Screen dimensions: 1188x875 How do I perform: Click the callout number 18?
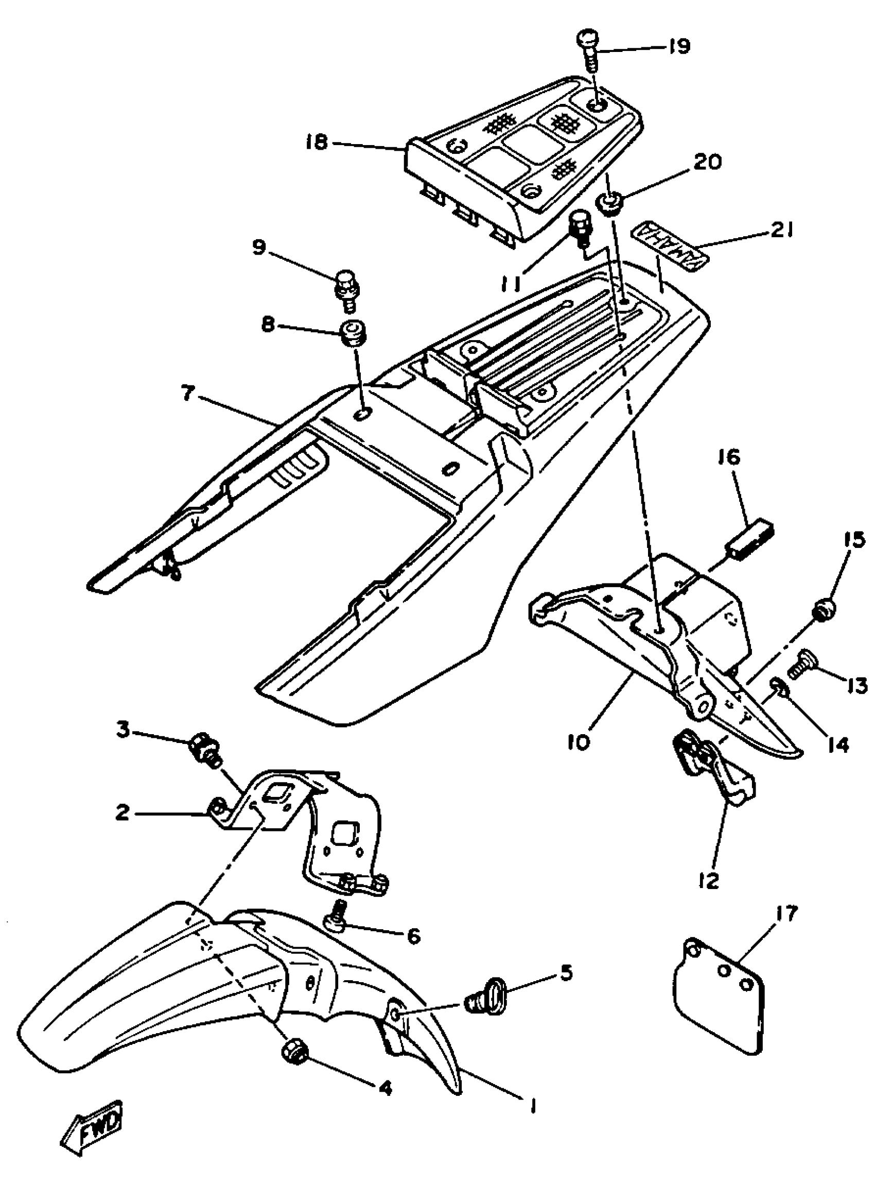click(317, 142)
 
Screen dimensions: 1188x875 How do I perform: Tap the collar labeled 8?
click(352, 332)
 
